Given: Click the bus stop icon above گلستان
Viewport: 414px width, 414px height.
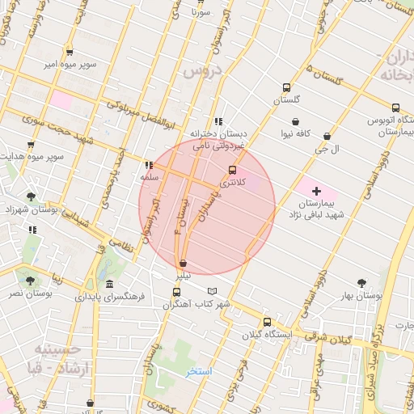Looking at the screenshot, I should click(285, 88).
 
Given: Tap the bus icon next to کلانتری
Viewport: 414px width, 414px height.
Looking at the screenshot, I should click(233, 170).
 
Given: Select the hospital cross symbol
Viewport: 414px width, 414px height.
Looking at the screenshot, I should click(316, 190).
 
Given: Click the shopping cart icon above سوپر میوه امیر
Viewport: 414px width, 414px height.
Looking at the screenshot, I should click(70, 50).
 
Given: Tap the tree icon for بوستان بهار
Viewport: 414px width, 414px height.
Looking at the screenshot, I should click(361, 283).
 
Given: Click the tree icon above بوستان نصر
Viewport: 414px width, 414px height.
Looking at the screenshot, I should click(30, 281).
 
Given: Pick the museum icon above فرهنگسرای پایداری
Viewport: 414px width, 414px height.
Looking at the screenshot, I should click(109, 284).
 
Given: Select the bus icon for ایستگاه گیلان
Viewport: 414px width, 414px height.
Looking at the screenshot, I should click(268, 320).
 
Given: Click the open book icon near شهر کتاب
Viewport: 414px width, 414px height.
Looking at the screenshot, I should click(212, 291).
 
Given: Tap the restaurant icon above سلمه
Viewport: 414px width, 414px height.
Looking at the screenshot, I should click(148, 163).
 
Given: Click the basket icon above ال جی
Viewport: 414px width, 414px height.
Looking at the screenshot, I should click(327, 137).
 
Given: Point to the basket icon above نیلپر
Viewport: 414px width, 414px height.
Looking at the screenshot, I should click(184, 263).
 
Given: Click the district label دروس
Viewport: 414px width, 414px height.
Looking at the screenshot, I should click(202, 71).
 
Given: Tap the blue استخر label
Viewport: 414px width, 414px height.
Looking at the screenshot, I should click(198, 371).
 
